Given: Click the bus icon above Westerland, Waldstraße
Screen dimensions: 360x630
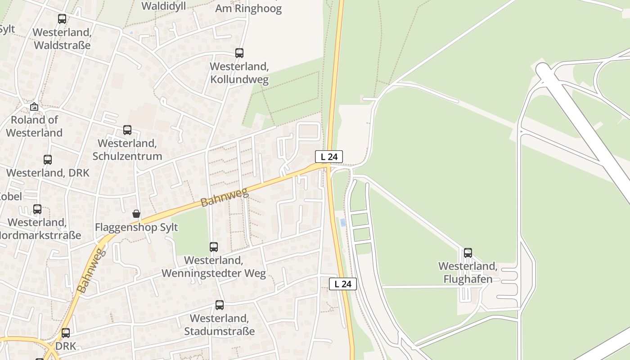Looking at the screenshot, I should coord(62,19).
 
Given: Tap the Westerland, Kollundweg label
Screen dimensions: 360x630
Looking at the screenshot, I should coord(239,73).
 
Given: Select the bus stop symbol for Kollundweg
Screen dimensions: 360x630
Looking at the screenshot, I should coord(239,53).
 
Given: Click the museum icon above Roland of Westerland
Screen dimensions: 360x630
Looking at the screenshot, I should coord(34,107).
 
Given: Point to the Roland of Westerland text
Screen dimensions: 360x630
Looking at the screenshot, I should coord(34,126).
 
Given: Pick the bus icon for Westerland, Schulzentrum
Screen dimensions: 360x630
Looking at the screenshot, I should coord(127,130).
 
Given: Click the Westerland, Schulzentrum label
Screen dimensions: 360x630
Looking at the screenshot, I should coord(127,150).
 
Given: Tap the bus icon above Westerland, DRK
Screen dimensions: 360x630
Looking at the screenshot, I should coord(48,160).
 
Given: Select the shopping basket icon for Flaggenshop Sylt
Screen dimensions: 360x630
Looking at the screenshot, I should coord(136,214).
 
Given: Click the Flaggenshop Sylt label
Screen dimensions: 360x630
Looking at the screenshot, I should coord(136,227).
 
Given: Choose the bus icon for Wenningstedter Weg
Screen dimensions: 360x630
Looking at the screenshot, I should coord(214,247).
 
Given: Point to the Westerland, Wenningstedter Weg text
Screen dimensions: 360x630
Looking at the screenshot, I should coord(214,267).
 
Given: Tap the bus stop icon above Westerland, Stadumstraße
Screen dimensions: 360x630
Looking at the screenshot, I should coord(220,305).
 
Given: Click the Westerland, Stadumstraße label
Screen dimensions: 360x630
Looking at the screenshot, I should coord(220,325).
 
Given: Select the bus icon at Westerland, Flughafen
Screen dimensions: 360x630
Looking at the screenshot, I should coord(468,253).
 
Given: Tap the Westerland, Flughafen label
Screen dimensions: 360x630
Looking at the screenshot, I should coord(468,272).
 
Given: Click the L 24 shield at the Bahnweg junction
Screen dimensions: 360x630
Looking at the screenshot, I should coord(329,157).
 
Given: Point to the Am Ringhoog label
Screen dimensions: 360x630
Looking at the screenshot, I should coord(248,8).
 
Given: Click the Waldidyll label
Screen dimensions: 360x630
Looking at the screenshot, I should coord(164,6).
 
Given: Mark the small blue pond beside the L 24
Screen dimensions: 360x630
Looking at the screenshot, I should coord(343,222).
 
